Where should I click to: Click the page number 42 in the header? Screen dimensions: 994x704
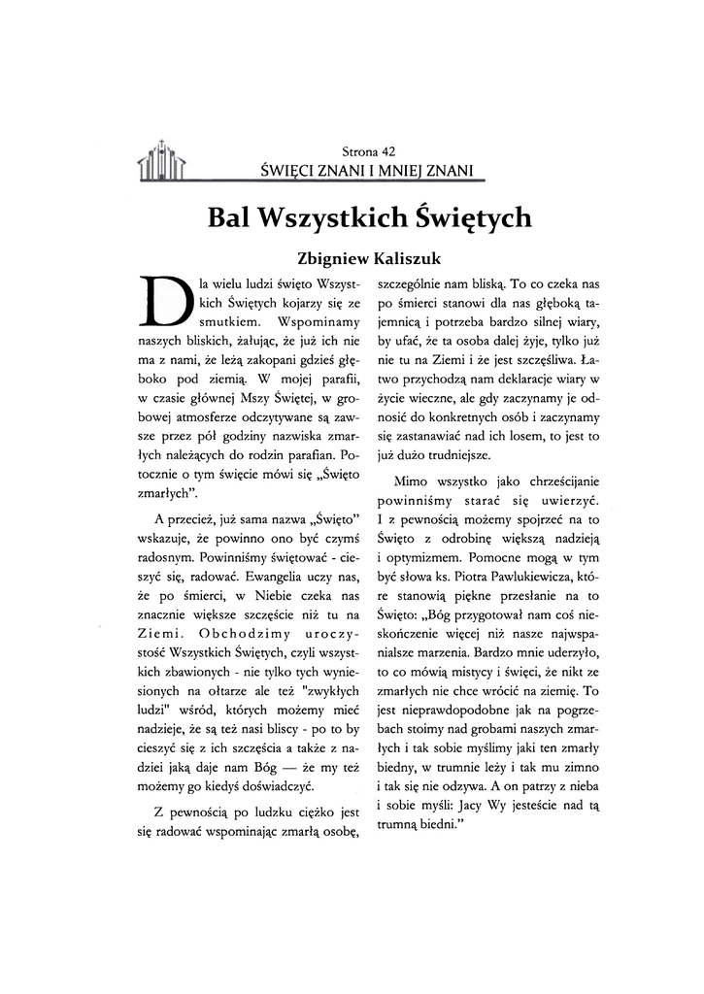[388, 151]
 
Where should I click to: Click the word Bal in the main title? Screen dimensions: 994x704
[230, 216]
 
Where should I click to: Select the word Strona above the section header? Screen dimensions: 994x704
[360, 151]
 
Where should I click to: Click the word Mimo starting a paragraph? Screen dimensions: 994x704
[409, 482]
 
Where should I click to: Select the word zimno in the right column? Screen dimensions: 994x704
[580, 764]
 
